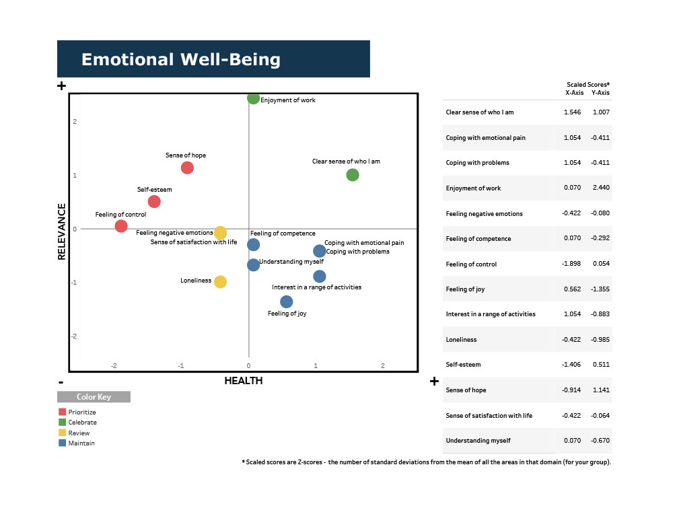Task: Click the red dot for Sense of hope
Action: click(187, 168)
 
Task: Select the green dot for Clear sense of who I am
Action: click(352, 175)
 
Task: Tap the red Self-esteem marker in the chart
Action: click(154, 201)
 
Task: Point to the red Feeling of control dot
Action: click(121, 226)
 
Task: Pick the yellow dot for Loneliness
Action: click(220, 281)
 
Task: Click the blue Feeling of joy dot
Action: click(286, 301)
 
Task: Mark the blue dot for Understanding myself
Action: click(253, 265)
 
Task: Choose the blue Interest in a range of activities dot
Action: click(320, 277)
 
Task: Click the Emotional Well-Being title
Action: click(180, 59)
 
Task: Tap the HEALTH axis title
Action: click(243, 381)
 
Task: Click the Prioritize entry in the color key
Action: click(82, 412)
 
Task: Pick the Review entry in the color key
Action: click(79, 433)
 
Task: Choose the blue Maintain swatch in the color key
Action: click(62, 443)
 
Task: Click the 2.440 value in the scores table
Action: click(600, 188)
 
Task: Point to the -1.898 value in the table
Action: click(572, 264)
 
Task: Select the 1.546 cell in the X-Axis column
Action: click(572, 112)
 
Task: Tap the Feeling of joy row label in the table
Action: click(466, 289)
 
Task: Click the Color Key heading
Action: click(94, 397)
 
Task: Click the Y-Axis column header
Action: click(600, 93)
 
